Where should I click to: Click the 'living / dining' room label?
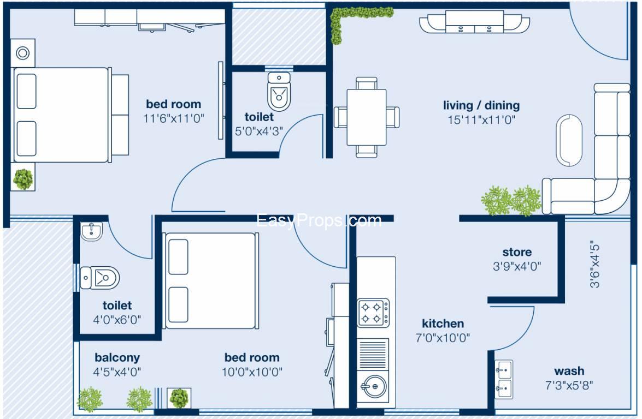click(x=481, y=105)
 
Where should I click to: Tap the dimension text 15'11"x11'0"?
click(x=481, y=120)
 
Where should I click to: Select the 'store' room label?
click(x=516, y=252)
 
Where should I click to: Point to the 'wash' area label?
click(x=569, y=372)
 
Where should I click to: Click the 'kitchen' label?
click(x=443, y=324)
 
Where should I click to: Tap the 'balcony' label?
click(x=117, y=358)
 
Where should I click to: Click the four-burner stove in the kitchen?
click(x=374, y=313)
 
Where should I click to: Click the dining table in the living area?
click(x=367, y=117)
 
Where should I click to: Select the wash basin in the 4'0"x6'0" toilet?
click(x=91, y=232)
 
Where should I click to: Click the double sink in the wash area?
click(x=504, y=380)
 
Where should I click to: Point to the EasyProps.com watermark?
click(x=319, y=220)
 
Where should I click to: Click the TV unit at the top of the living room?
click(x=474, y=23)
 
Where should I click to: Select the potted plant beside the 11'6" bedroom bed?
click(x=23, y=179)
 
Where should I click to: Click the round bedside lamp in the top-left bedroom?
click(x=23, y=53)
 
